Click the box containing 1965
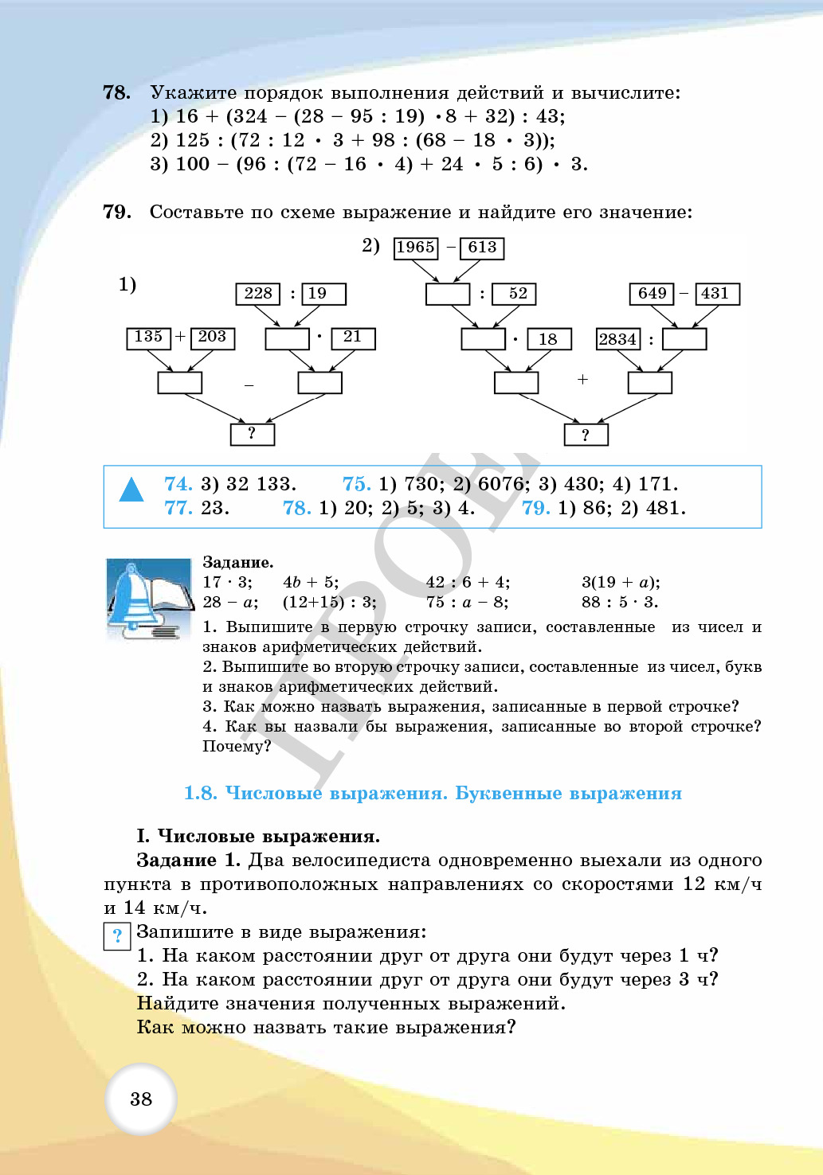[x=416, y=248]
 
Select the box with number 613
[x=482, y=248]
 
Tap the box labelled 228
[x=258, y=294]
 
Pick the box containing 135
[x=149, y=338]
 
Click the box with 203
[x=212, y=338]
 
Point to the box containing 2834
[x=618, y=339]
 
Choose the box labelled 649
[x=652, y=294]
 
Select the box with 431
[x=715, y=294]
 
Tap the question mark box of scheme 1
[x=253, y=434]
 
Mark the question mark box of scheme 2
[x=586, y=435]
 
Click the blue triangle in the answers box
[x=131, y=490]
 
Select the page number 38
[x=141, y=1099]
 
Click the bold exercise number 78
[x=116, y=93]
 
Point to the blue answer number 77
[x=178, y=508]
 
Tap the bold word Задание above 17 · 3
[x=237, y=563]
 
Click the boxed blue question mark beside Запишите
[x=117, y=935]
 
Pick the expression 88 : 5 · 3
[x=619, y=603]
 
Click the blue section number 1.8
[x=200, y=794]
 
